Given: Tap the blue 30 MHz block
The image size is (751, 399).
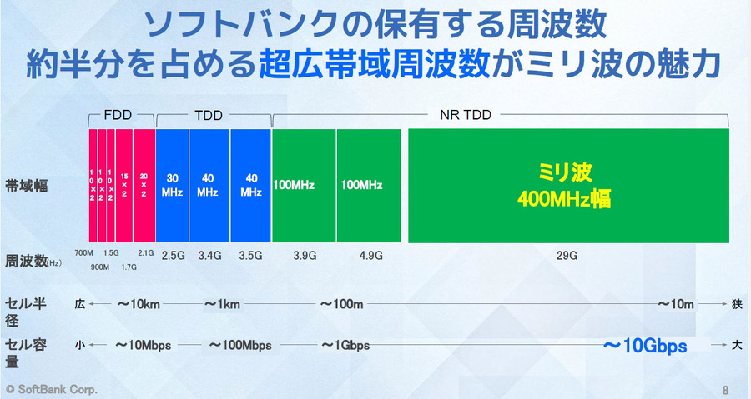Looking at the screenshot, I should (x=173, y=185).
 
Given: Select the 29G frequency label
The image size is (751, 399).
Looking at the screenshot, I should (x=567, y=256).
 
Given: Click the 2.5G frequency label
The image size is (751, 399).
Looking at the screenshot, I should (x=172, y=255).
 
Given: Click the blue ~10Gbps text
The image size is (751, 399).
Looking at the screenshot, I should (x=646, y=346).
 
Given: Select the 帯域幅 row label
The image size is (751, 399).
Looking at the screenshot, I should (x=26, y=186).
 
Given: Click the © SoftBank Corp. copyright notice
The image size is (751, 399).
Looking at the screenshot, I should (x=52, y=389).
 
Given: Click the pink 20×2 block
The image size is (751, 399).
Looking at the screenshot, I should (x=144, y=185).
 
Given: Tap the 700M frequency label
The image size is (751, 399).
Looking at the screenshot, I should (x=83, y=252).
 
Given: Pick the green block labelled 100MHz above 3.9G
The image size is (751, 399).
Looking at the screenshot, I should (x=304, y=185).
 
